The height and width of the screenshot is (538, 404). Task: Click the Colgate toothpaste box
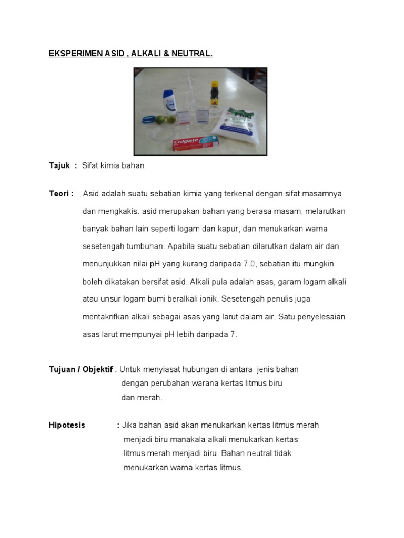point(195,142)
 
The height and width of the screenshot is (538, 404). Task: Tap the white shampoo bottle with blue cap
point(169,101)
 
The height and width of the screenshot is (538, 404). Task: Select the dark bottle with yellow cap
point(214,93)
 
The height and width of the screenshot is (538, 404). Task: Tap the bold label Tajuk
point(59,165)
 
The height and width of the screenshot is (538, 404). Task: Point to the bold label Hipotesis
point(67,425)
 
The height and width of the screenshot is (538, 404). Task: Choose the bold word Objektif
point(97,369)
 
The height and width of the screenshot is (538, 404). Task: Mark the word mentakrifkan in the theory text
point(107,317)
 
